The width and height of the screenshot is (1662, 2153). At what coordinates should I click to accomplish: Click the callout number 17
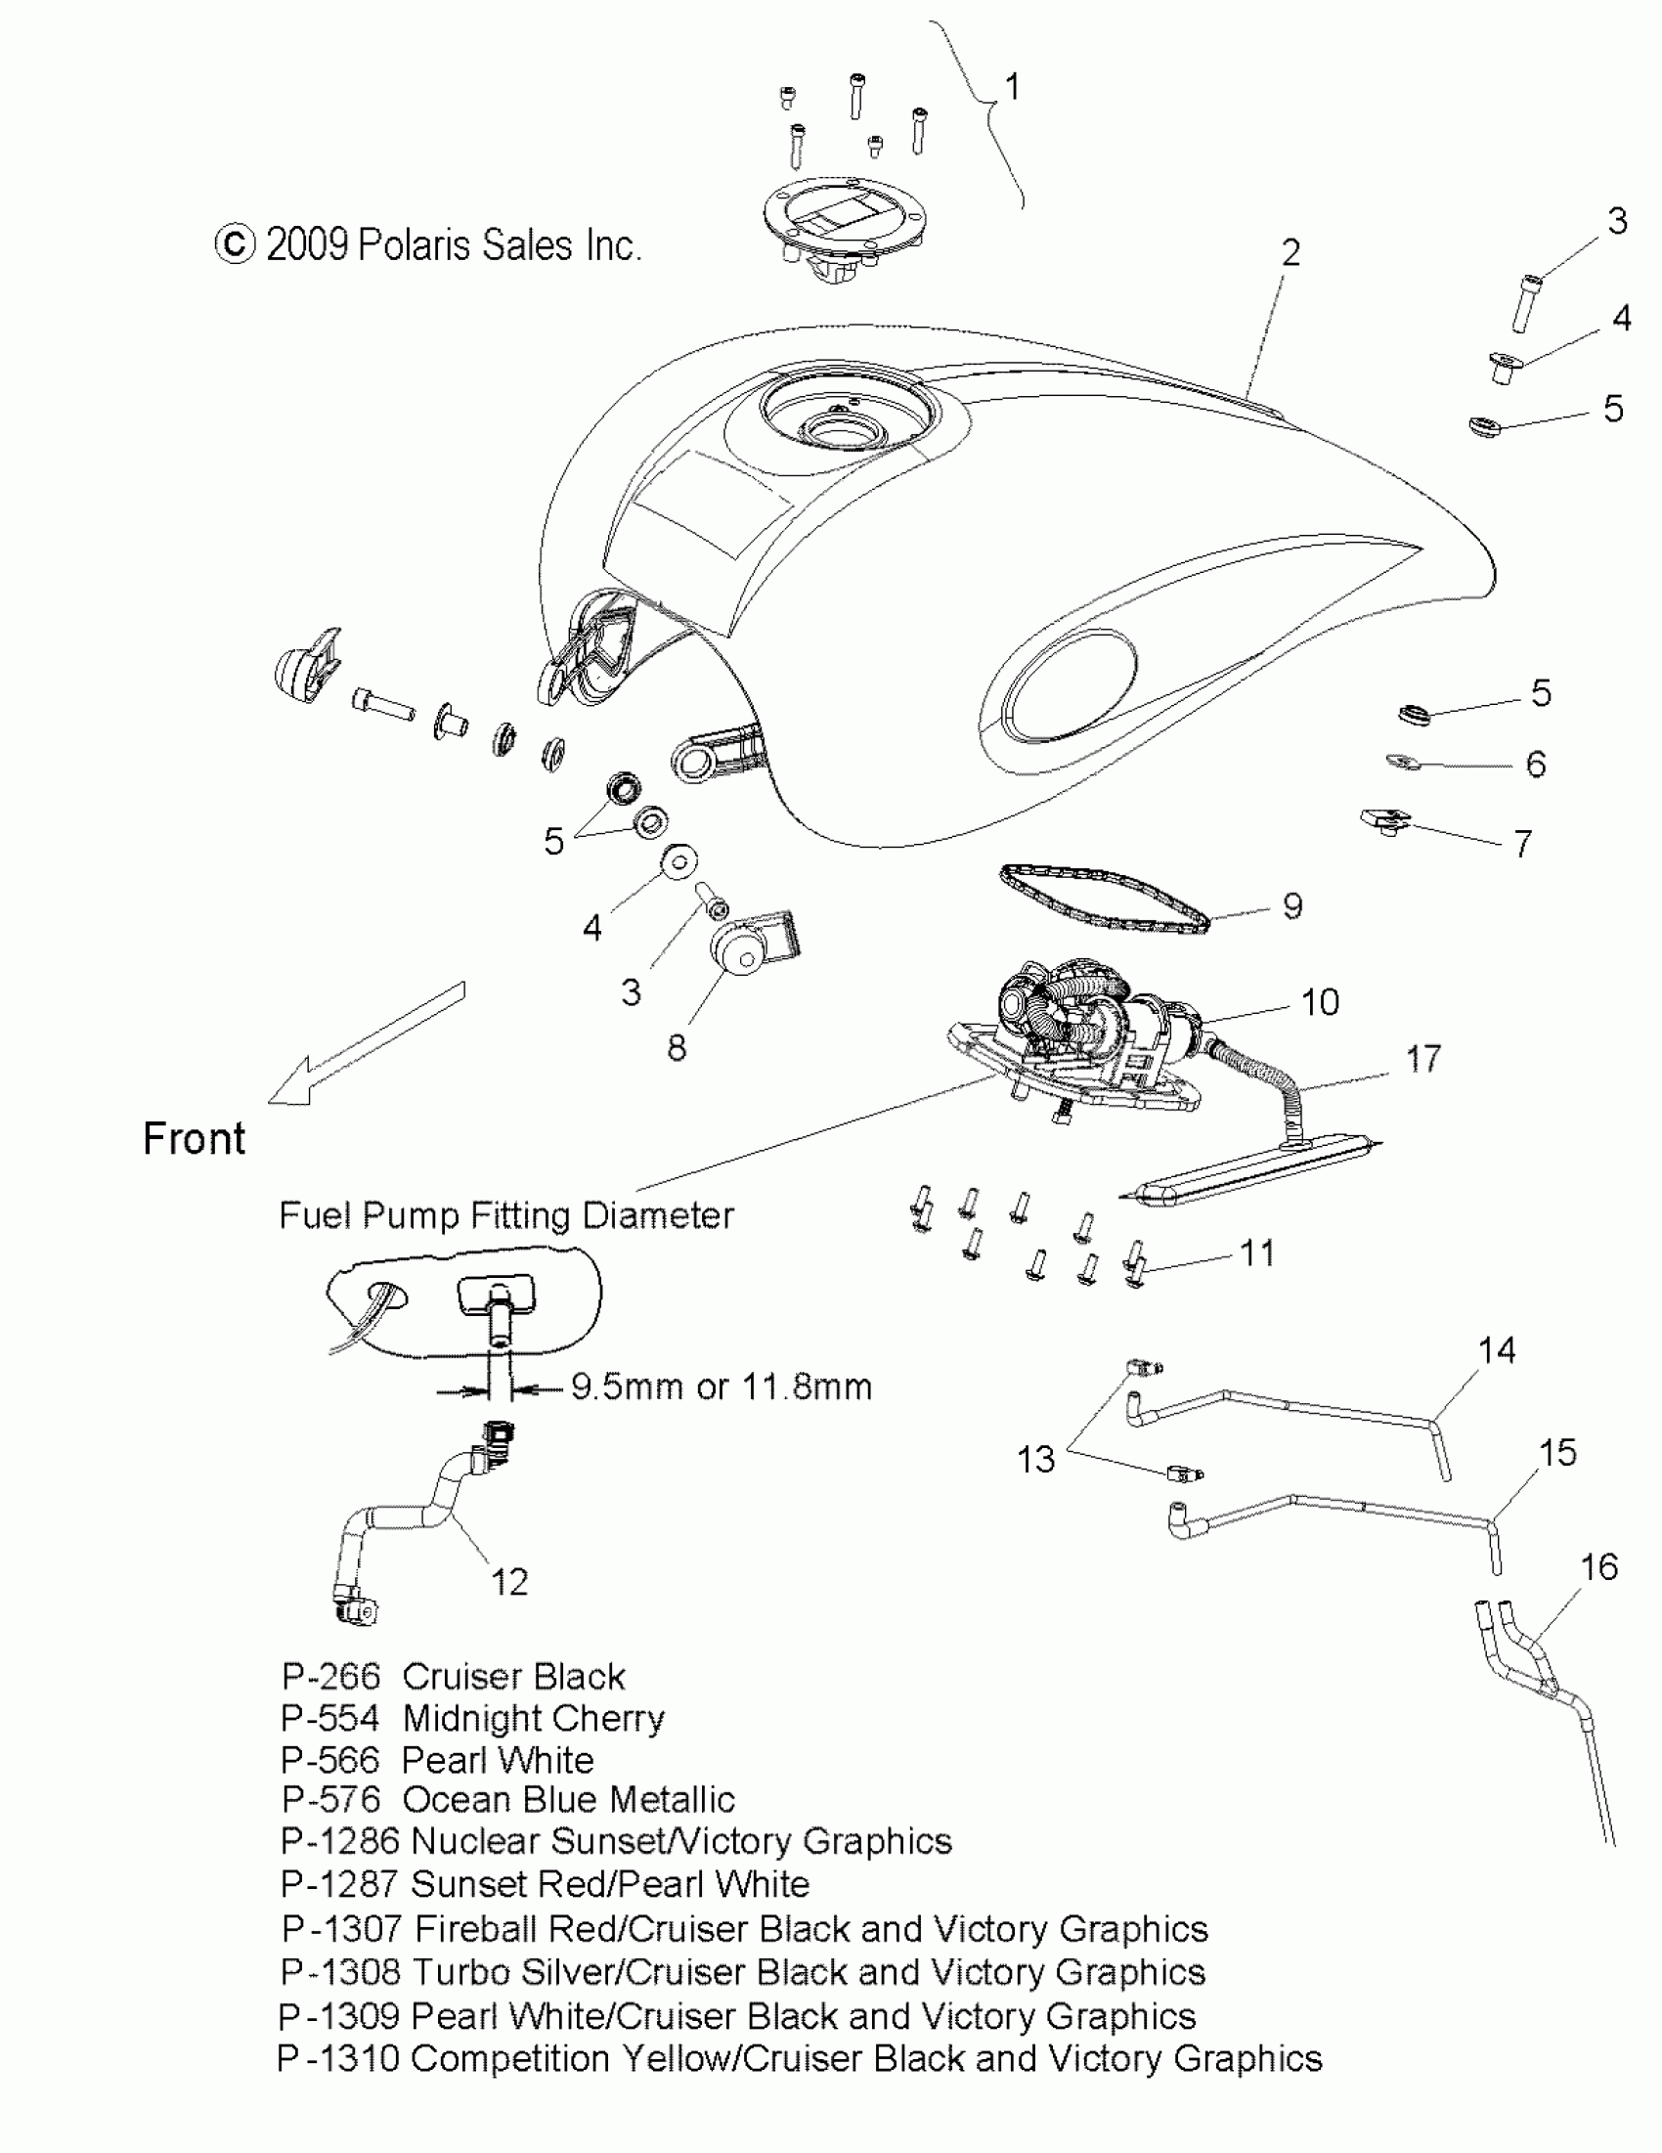coord(1422,1060)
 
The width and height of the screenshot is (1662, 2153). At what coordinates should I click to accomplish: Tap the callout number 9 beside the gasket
coord(1292,906)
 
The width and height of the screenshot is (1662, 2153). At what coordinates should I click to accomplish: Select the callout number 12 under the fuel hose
coord(509,1582)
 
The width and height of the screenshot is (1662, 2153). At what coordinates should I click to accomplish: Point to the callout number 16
coord(1598,1566)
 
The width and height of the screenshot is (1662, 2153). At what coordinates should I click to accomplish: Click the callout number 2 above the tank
coord(1290,253)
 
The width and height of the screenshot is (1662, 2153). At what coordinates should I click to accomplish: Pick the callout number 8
coord(677,1048)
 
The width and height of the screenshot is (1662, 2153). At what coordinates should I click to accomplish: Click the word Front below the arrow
coord(195,1139)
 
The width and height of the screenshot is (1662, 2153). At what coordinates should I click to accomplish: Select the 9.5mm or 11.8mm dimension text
coord(722,1387)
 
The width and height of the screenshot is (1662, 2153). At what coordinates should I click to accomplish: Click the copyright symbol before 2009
coord(235,243)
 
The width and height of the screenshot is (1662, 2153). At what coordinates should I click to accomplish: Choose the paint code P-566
coord(330,1760)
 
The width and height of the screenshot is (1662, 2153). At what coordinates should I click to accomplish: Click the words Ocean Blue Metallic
coord(569,1800)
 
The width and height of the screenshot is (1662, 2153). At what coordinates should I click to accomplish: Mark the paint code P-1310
coord(338,2058)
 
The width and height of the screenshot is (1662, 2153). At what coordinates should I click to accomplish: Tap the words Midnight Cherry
coord(533,1718)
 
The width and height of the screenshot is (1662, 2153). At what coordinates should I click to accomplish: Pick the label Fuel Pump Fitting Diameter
coord(506,1215)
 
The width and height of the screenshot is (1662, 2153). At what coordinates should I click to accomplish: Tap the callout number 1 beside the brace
coord(1012,88)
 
